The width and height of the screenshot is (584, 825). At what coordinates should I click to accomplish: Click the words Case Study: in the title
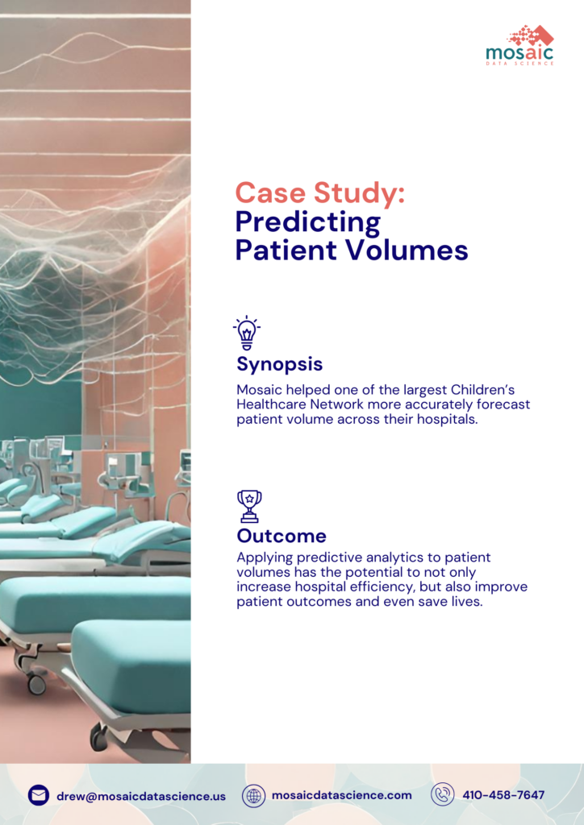point(319,193)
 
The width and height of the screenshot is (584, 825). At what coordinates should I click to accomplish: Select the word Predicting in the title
point(307,222)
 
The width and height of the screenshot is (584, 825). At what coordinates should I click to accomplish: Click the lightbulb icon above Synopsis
point(247,333)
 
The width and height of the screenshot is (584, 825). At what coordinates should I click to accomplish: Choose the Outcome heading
point(282,536)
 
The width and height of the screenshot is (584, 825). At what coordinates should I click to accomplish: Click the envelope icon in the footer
point(39,795)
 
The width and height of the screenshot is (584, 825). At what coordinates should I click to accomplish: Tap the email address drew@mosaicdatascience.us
point(141,796)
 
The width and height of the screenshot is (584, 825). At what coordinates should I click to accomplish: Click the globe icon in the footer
point(254,795)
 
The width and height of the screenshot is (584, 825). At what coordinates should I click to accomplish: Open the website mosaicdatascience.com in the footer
point(341,795)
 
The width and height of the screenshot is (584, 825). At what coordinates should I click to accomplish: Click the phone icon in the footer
point(443,795)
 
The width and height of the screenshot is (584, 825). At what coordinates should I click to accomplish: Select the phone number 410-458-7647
point(503,795)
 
